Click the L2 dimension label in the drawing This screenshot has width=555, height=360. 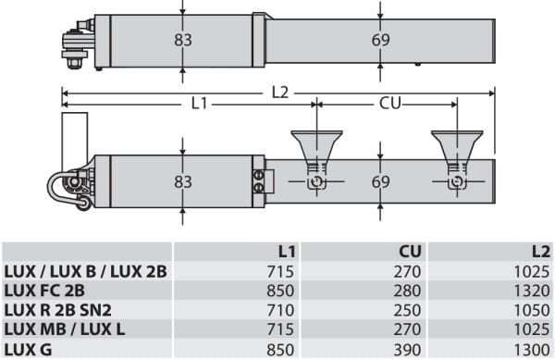coord(280,93)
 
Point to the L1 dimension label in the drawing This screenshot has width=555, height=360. coord(199,104)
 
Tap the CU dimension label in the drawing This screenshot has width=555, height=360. coord(390,104)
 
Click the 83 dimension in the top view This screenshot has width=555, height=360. coord(182,40)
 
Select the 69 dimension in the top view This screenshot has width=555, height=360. coord(380,40)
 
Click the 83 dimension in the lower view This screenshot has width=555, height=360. coord(182,182)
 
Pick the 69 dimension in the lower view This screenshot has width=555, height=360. coord(380,182)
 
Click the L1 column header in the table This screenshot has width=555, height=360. coord(287,252)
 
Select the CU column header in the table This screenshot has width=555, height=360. coord(410,252)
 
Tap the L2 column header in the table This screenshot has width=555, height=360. coord(541,252)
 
